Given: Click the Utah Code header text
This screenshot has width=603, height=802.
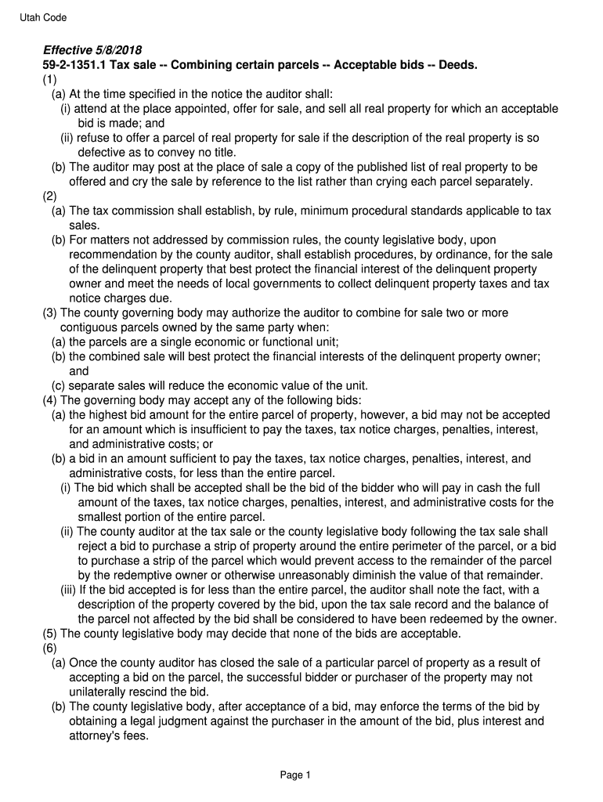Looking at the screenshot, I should (x=43, y=17).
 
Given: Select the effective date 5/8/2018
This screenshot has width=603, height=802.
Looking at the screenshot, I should (x=117, y=49).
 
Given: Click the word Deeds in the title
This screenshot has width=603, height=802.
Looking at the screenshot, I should (x=457, y=64).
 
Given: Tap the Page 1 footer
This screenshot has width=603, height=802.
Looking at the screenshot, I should (x=296, y=775).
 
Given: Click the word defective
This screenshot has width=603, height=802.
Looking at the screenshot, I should (x=103, y=152).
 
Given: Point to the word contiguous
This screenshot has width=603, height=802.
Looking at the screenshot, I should (x=90, y=327).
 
